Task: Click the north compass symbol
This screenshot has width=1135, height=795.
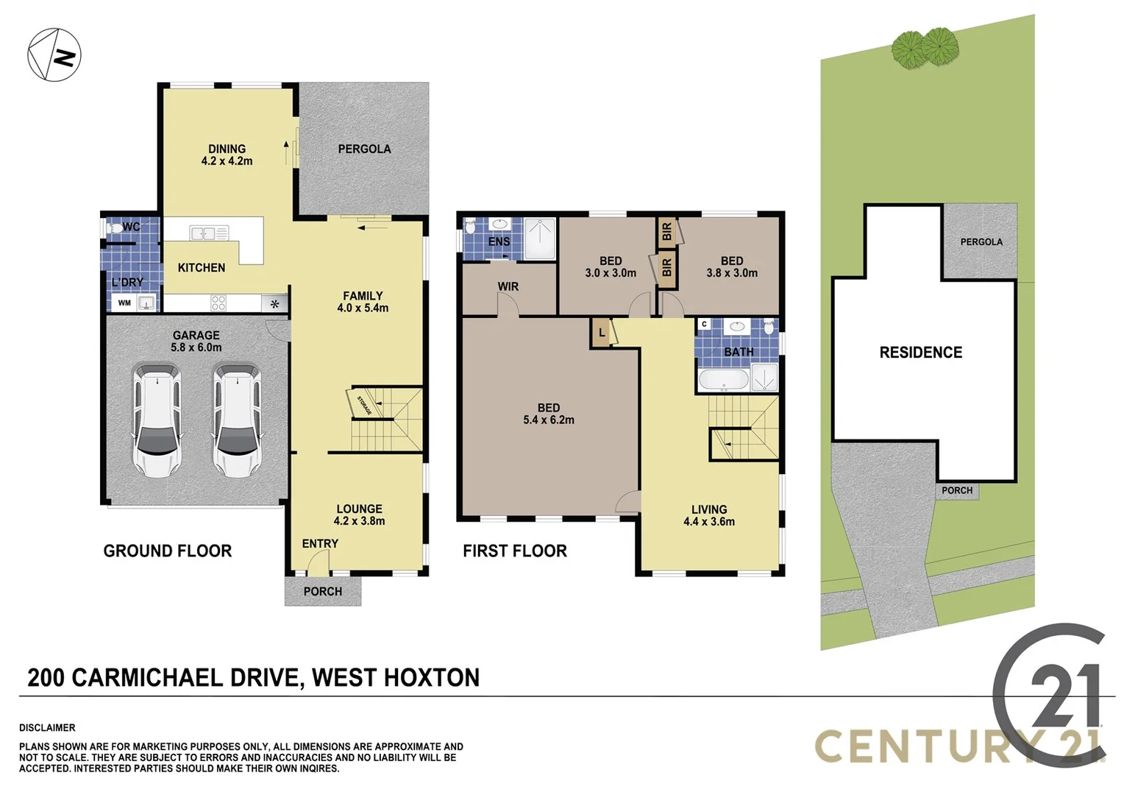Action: coord(54,54)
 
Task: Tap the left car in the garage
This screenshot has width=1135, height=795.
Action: coord(157,420)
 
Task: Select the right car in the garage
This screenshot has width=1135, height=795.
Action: coord(237,420)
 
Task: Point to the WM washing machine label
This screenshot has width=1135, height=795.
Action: coord(124,303)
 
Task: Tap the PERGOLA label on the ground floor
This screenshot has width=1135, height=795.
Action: coord(364,149)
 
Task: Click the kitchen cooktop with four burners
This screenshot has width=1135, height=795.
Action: coord(218,303)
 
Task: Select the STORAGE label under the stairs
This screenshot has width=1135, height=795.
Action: coord(364,406)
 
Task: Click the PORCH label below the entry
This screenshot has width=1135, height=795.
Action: coord(322,591)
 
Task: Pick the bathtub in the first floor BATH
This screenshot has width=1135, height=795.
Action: coord(722,380)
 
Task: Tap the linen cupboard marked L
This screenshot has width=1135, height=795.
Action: coord(602,333)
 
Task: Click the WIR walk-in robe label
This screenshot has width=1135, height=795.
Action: coord(508,286)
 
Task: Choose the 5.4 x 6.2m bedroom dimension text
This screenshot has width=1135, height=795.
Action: coord(549,420)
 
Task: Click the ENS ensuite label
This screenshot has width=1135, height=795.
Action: coord(499,241)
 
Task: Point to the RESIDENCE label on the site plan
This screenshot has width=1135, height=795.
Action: coord(920,353)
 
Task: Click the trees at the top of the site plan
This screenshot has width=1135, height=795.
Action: coord(925,47)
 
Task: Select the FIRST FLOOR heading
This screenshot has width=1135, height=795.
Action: coord(514,551)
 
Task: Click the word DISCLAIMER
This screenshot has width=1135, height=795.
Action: coord(47,727)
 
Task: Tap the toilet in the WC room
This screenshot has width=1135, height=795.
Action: coord(115,227)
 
